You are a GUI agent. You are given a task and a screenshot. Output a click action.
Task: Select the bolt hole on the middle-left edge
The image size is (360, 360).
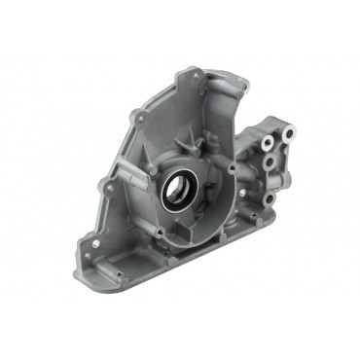tap(109, 182)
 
